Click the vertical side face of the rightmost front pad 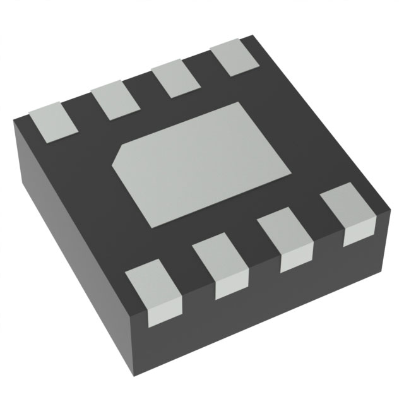pos(355,235)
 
